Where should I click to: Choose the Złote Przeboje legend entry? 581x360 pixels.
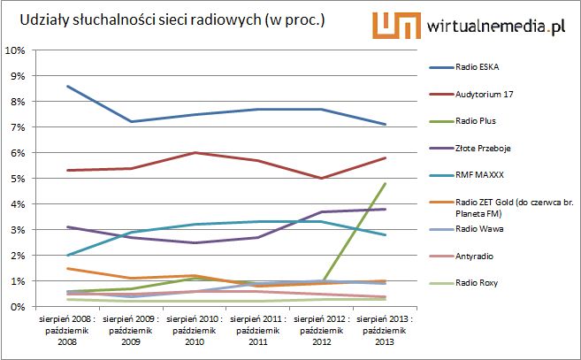(x=485, y=150)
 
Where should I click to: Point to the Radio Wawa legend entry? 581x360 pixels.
(x=479, y=237)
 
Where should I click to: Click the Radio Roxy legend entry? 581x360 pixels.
(x=478, y=283)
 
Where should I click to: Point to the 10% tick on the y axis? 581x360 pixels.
(x=16, y=50)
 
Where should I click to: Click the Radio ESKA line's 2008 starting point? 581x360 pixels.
(x=68, y=87)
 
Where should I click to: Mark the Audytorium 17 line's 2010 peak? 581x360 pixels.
(x=194, y=152)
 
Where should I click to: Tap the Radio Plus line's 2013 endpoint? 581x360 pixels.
(x=385, y=183)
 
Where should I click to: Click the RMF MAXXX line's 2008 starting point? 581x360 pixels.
(x=68, y=255)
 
